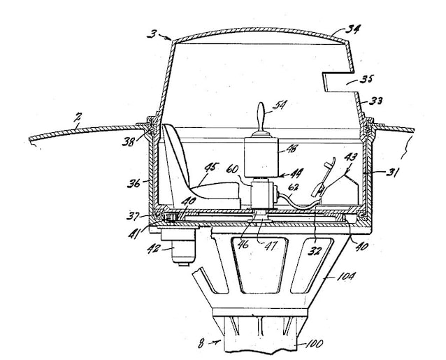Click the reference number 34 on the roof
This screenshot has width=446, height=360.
pos(353,29)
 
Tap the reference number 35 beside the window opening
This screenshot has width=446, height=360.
pos(366,79)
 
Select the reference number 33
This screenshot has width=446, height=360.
pos(375,101)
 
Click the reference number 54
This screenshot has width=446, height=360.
pos(280,105)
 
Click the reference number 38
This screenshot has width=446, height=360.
pos(129,141)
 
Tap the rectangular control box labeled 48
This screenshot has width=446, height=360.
pos(261,157)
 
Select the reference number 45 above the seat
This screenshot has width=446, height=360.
pos(213,168)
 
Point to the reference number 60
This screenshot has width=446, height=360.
pos(232,170)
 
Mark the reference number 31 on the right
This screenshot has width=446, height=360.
pos(392,173)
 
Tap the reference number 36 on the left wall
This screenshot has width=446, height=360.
pos(134,183)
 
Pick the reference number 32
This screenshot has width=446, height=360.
pos(315,251)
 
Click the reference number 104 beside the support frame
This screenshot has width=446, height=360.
pos(345,276)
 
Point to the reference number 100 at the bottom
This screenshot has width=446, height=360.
pos(315,344)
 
